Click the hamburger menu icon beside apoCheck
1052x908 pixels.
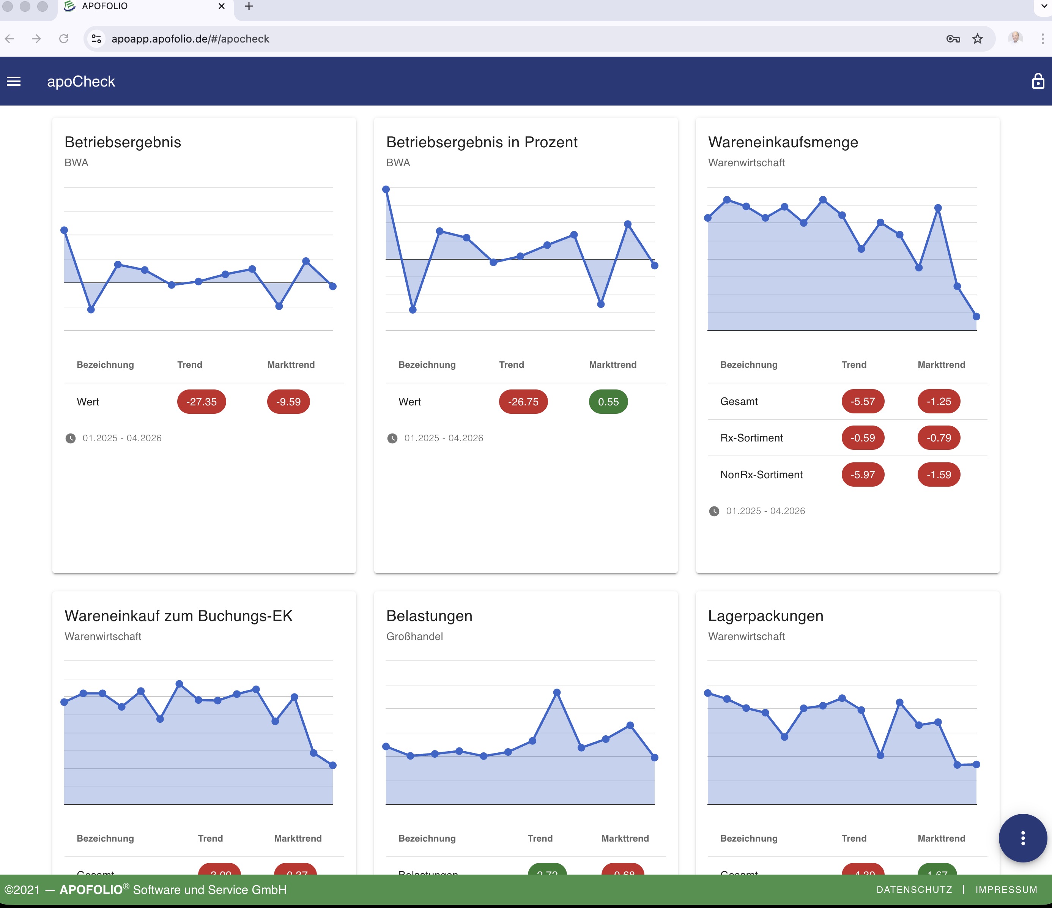coord(14,81)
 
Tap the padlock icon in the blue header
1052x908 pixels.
coord(1038,81)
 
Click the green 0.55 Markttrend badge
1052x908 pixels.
coord(608,402)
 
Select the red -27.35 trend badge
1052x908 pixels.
coord(201,402)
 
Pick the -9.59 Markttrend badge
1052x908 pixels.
coord(288,402)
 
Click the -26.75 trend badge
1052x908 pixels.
coord(523,402)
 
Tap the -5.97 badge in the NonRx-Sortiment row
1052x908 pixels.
coord(862,475)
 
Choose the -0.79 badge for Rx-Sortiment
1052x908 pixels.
coord(938,438)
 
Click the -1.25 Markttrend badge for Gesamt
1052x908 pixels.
coord(938,401)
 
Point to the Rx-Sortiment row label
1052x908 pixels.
coord(751,438)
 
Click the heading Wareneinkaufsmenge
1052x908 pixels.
coord(783,142)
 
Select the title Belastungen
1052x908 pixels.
coord(429,616)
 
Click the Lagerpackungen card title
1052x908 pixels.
coord(765,616)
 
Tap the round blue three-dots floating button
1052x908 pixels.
coord(1022,838)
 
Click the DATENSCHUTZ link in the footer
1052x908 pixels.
coord(914,890)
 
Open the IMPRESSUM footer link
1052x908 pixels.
coord(1006,890)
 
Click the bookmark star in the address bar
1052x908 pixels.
coord(977,39)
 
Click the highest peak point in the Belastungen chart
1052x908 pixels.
coord(556,692)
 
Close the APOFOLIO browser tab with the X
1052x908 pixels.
coord(221,6)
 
